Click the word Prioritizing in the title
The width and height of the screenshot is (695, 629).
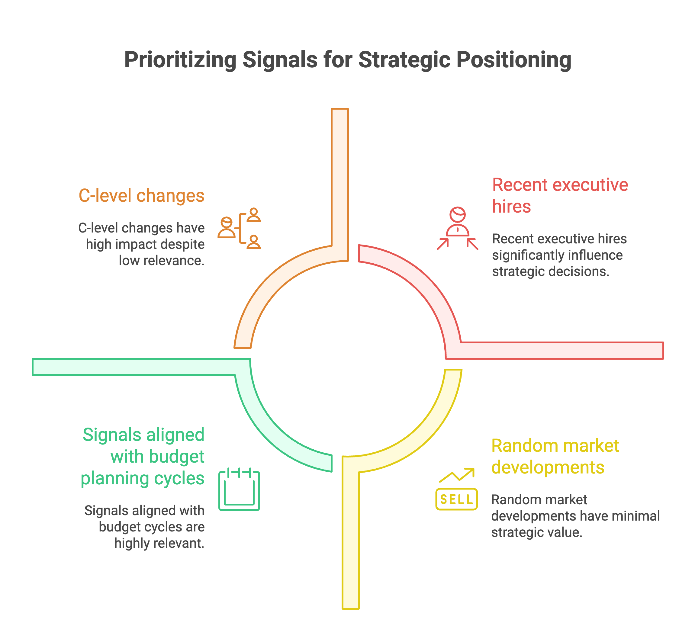(180, 60)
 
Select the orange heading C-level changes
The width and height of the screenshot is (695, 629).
(141, 195)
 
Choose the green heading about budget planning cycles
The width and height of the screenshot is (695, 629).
(143, 456)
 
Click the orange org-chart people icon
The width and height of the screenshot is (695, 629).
(239, 228)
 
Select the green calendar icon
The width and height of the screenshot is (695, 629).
(239, 489)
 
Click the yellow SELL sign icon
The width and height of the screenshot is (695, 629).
(456, 499)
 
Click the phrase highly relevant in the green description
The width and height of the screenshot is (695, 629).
(159, 543)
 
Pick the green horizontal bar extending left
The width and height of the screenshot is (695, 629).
(138, 367)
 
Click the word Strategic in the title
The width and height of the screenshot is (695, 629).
(404, 60)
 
